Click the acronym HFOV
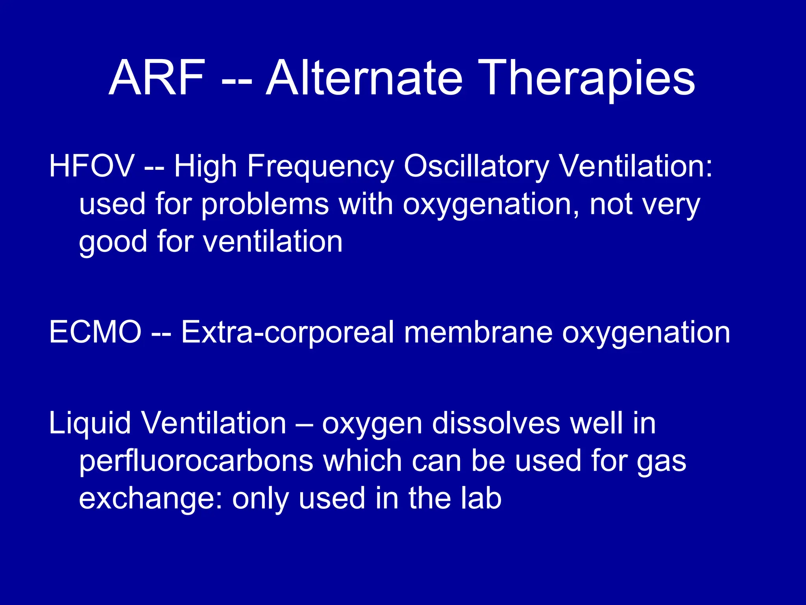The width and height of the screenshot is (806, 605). click(x=92, y=166)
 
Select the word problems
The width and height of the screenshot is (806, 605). click(x=265, y=205)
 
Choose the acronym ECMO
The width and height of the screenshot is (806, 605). click(x=95, y=332)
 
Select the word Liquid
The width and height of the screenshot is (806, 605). click(x=89, y=424)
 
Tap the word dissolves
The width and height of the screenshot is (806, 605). click(x=495, y=423)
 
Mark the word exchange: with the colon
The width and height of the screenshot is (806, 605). click(x=150, y=499)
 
